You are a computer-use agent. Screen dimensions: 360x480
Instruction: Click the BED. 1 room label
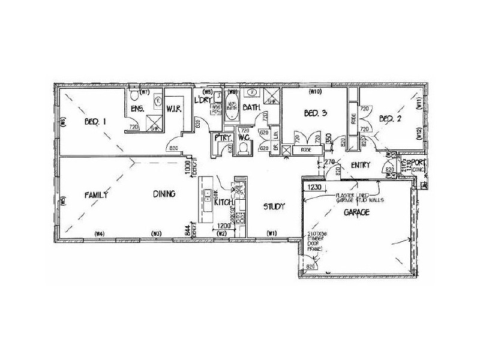tap(95, 122)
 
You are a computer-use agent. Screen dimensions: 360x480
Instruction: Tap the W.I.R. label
tap(175, 109)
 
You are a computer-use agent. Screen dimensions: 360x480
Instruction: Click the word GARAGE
tap(355, 212)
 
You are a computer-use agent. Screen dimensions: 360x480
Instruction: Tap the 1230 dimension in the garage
tap(316, 187)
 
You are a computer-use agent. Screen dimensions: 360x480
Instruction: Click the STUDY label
tap(274, 206)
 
